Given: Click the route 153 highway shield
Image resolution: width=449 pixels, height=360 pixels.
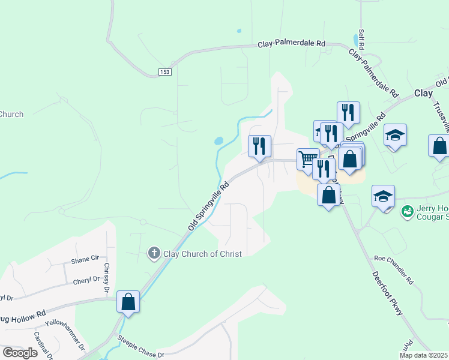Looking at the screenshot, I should tap(165, 72).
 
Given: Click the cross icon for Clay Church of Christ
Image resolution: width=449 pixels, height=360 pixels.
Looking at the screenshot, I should tap(154, 253).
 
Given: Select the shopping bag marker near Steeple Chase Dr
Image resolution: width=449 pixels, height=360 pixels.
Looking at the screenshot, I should tap(128, 302).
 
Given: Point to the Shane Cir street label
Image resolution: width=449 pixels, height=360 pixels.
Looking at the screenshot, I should tap(85, 260).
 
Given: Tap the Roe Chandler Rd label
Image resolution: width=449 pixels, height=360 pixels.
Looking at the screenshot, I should tap(394, 269).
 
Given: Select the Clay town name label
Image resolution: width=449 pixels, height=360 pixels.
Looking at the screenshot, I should tap(423, 94).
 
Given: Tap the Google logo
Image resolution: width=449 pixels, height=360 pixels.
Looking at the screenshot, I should tap(20, 353).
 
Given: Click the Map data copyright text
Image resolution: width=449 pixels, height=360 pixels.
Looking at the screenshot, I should tap(424, 355).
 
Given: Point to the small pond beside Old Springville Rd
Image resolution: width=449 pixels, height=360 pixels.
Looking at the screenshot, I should tap(218, 142).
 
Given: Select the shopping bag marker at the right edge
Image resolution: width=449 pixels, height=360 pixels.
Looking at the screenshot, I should tap(439, 146).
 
